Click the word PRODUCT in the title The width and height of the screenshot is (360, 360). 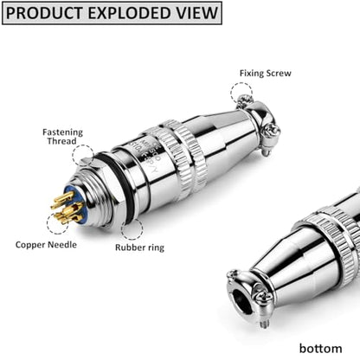pyautogui.click(x=44, y=13)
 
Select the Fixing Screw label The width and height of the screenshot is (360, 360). pyautogui.click(x=266, y=74)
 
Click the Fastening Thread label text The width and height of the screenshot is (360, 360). pyautogui.click(x=62, y=137)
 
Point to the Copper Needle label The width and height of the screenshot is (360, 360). pyautogui.click(x=46, y=245)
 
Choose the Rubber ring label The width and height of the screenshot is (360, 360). pyautogui.click(x=139, y=247)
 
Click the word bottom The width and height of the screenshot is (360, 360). pyautogui.click(x=320, y=348)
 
